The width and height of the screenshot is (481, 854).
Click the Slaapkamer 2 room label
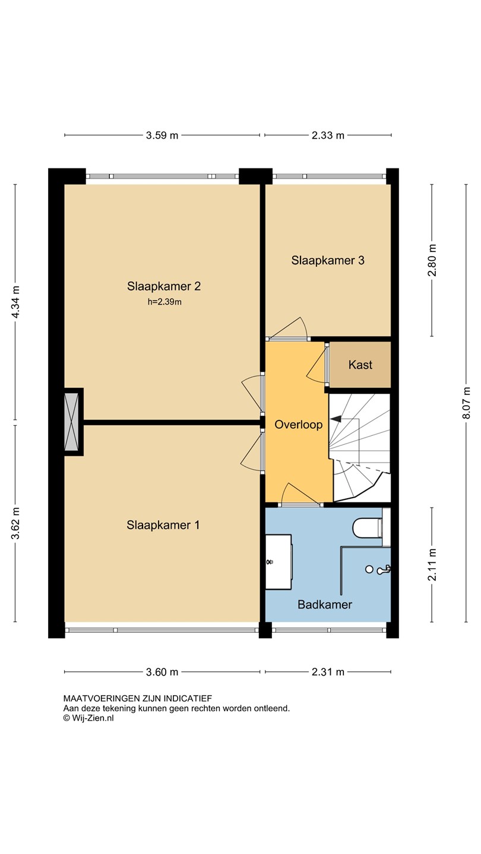[x=164, y=286]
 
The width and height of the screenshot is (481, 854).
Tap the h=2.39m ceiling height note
[x=164, y=302]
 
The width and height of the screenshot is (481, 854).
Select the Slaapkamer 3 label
[x=328, y=260]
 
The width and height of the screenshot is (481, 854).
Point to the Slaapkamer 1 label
[x=163, y=525]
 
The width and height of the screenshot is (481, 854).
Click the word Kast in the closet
[x=360, y=365]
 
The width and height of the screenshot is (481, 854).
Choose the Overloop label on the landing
[x=299, y=425]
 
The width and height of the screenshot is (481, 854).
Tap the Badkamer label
[x=325, y=604]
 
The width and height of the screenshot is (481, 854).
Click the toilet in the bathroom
[x=367, y=528]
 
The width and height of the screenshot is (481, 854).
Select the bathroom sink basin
[x=279, y=562]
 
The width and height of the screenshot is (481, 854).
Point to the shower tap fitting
[x=383, y=569]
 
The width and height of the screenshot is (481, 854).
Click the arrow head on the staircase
[x=336, y=419]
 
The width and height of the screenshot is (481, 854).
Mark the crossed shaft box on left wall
[x=71, y=422]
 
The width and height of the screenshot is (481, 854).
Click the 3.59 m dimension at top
[x=162, y=135]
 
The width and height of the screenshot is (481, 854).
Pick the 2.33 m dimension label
[x=328, y=135]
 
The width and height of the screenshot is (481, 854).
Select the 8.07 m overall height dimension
[x=466, y=403]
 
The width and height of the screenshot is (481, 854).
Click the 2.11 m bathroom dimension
[x=432, y=565]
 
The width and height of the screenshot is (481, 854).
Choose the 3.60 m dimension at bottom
[x=162, y=672]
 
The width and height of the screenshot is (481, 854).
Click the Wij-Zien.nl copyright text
[x=88, y=718]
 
